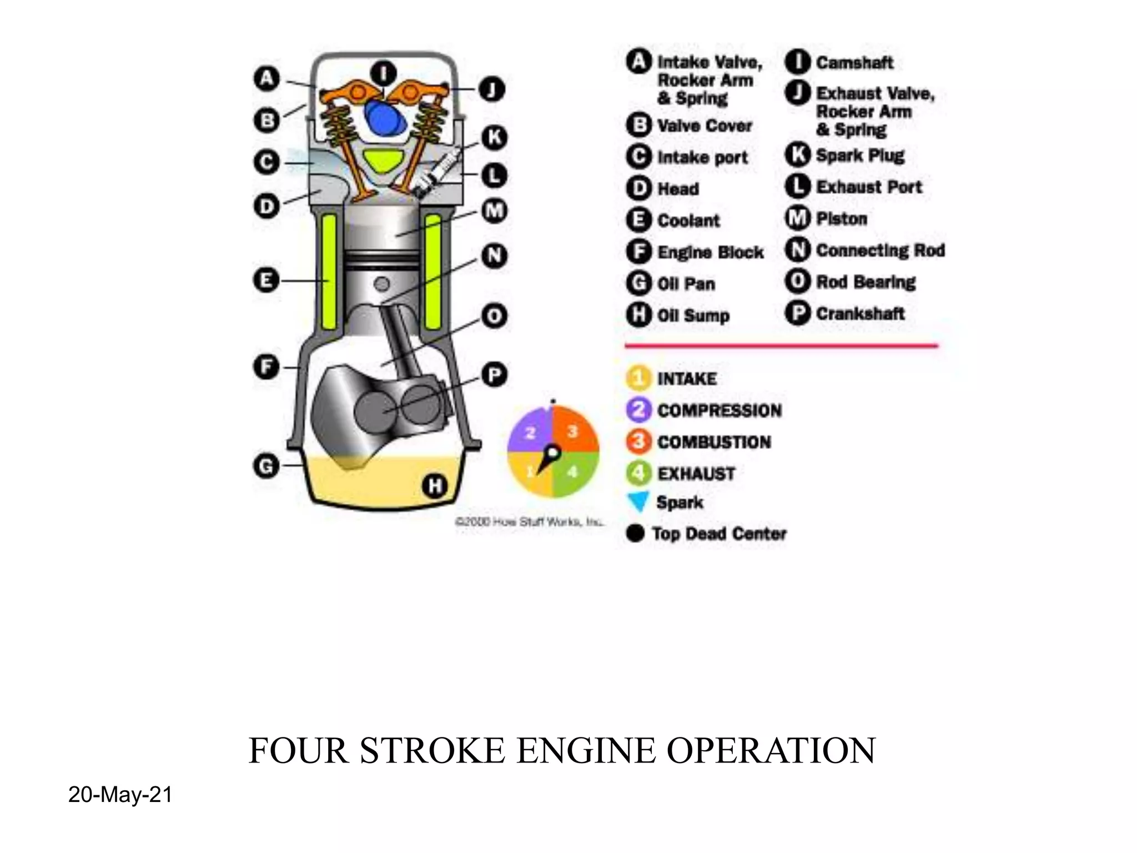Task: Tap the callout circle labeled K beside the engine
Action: (494, 137)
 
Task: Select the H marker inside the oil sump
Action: (435, 486)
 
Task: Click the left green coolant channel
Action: (329, 272)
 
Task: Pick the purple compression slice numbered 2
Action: (530, 432)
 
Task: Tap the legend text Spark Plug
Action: (860, 155)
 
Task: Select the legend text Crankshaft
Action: (860, 314)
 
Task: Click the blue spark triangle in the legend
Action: (638, 501)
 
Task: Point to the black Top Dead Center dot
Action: (635, 534)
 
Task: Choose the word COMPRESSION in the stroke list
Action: (720, 410)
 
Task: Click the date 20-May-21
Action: (120, 795)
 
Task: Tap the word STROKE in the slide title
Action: (432, 751)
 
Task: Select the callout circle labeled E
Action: (266, 280)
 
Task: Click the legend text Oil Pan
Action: (686, 284)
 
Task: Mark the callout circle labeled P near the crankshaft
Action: (494, 375)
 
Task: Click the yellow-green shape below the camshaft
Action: (384, 160)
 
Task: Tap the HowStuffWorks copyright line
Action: (529, 521)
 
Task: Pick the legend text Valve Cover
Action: (704, 126)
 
